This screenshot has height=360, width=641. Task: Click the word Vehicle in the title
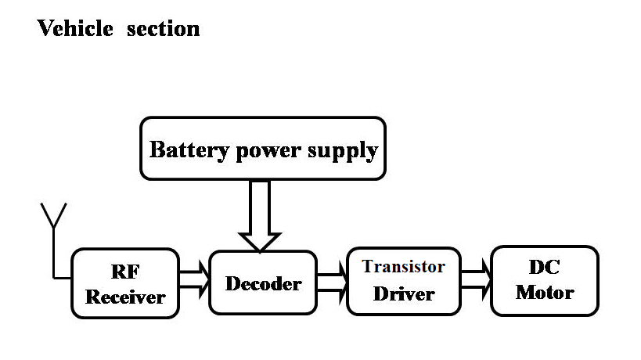click(x=74, y=29)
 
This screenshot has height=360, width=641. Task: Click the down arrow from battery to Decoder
click(x=259, y=215)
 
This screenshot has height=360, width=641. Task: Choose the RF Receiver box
click(x=124, y=283)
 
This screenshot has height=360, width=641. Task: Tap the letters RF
click(x=125, y=272)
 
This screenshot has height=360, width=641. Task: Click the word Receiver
click(x=125, y=297)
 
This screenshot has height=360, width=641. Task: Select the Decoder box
click(x=263, y=283)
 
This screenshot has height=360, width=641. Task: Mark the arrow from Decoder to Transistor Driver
click(x=332, y=283)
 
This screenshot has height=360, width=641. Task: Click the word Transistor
click(x=403, y=267)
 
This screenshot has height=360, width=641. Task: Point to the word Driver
click(x=403, y=294)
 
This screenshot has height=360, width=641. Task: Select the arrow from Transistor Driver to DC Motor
click(x=477, y=283)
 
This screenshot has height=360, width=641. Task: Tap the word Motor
click(x=545, y=293)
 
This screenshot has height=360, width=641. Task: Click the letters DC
click(x=545, y=267)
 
